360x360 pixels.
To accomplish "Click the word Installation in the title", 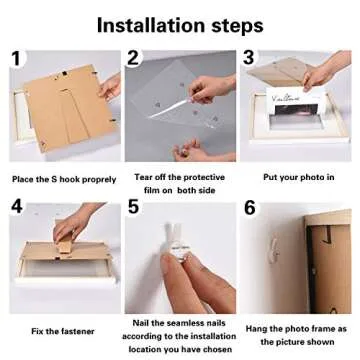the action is pos(151,26).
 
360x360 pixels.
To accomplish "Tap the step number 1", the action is pos(18,58).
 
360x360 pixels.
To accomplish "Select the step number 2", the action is pos(133,58).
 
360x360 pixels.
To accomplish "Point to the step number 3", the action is pos(249,57).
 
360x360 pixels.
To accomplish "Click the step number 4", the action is pos(17,206).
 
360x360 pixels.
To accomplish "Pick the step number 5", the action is pos(133,207).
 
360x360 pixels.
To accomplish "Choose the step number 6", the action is pos(250,208).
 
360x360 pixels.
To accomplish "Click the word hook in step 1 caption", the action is pos(70,179).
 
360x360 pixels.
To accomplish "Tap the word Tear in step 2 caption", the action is pos(144,177).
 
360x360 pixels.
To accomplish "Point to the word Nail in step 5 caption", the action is pos(141,323).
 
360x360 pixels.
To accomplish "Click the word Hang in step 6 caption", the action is pos(256,329).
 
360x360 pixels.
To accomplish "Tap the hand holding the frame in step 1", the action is pos(110,87).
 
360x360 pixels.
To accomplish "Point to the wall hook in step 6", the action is pos(274,248).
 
